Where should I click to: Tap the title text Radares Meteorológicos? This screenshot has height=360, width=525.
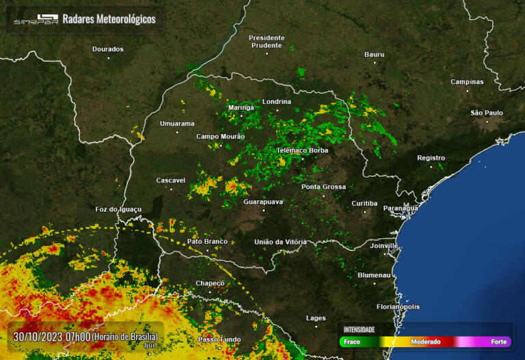pyautogui.click(x=109, y=19)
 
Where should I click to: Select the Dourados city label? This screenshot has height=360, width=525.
pyautogui.click(x=108, y=49)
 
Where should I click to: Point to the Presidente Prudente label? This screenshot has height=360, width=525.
pyautogui.click(x=266, y=41)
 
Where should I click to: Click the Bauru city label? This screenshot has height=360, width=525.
pyautogui.click(x=375, y=54)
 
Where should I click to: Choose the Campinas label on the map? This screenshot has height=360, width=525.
pyautogui.click(x=467, y=82)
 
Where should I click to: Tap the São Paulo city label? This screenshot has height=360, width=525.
pyautogui.click(x=487, y=113)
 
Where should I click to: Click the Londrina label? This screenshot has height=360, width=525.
pyautogui.click(x=277, y=102)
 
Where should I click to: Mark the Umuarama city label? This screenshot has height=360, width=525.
pyautogui.click(x=177, y=124)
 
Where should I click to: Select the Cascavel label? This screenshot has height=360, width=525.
pyautogui.click(x=171, y=180)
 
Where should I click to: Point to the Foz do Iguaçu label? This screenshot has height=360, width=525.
pyautogui.click(x=118, y=209)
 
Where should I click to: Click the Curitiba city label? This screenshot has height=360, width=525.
pyautogui.click(x=364, y=204)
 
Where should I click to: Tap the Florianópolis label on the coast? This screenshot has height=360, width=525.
pyautogui.click(x=398, y=307)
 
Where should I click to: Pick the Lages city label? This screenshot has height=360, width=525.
pyautogui.click(x=316, y=318)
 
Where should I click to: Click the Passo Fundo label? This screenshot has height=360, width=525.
pyautogui.click(x=219, y=339)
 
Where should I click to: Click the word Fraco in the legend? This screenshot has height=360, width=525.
pyautogui.click(x=353, y=341)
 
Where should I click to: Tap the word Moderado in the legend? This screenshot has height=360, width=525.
pyautogui.click(x=425, y=341)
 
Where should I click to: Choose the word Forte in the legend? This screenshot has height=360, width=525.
pyautogui.click(x=499, y=341)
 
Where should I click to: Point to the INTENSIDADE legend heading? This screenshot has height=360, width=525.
pyautogui.click(x=359, y=329)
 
